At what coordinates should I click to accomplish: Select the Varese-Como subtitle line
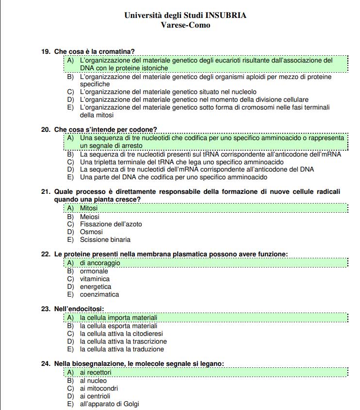185,25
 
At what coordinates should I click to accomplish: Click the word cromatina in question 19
117,51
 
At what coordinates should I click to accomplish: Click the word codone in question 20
143,130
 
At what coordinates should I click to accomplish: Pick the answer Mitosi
89,208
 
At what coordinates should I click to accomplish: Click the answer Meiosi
89,217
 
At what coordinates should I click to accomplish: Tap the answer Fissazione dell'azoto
111,224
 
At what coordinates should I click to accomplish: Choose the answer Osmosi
91,232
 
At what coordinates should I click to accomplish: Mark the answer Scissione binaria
105,240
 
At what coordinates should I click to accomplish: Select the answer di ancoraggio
100,263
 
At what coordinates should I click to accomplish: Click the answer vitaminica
95,279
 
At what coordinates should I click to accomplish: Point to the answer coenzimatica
99,295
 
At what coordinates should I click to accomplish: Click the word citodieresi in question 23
145,334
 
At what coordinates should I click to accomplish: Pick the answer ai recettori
96,373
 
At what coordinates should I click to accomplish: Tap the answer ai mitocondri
98,389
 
